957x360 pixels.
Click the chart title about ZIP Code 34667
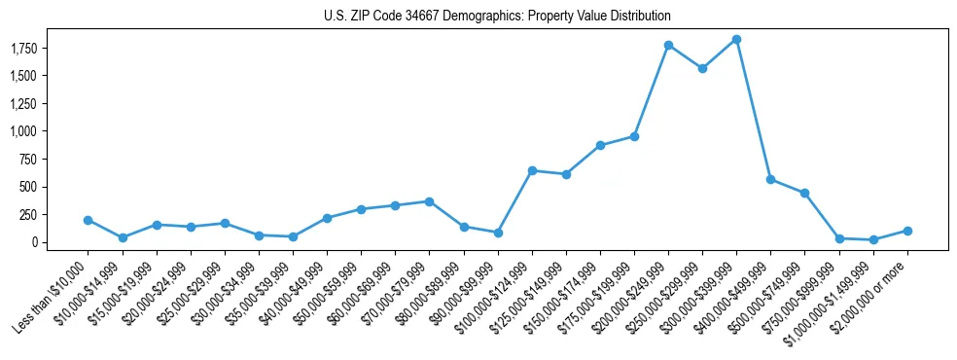(497, 17)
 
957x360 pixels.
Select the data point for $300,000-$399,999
(736, 39)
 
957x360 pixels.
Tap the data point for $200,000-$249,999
(668, 45)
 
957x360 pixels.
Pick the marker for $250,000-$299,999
(702, 68)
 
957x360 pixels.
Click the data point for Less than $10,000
(88, 220)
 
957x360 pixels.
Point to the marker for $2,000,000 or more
(907, 231)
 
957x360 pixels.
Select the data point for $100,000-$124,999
(532, 170)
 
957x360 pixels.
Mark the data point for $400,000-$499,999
(770, 179)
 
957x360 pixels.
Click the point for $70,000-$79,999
(429, 201)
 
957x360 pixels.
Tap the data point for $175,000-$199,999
(634, 136)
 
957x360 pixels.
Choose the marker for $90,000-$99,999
(498, 233)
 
